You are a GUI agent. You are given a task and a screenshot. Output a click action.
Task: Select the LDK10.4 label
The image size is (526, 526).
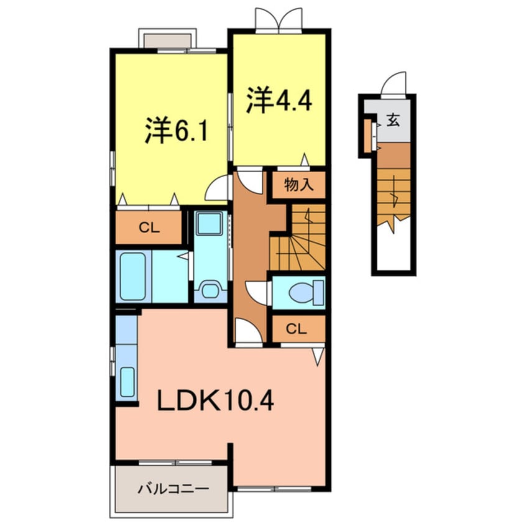coord(215,401)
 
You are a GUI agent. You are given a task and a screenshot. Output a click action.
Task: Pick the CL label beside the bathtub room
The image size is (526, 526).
coord(149,228)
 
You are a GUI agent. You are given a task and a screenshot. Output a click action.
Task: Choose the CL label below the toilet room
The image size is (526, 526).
coord(298,329)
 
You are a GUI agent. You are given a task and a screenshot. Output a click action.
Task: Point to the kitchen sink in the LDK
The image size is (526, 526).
coord(127,381)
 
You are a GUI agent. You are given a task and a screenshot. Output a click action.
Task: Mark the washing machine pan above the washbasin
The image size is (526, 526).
coord(210,223)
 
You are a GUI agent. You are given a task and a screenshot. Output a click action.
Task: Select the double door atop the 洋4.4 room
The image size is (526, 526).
coord(278,21)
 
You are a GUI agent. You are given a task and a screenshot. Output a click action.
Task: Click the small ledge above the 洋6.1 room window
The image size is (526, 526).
coord(167,39)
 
